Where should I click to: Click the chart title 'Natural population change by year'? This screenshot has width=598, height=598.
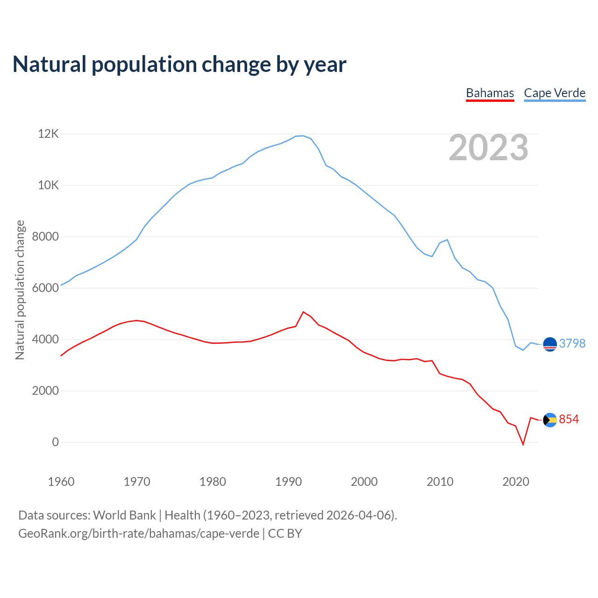(179, 64)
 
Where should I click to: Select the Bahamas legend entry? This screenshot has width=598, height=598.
(490, 93)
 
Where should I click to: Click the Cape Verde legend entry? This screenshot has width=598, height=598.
(555, 93)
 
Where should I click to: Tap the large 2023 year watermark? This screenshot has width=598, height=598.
(488, 148)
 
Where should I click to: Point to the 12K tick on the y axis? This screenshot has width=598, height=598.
(49, 134)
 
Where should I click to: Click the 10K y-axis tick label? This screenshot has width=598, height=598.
(49, 185)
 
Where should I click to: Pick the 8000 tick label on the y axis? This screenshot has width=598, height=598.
(45, 237)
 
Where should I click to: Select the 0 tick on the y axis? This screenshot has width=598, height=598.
(56, 442)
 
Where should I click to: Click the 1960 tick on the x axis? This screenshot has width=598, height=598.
(61, 482)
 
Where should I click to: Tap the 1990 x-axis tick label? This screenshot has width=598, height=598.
(288, 482)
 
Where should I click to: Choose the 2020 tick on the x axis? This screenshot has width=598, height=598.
(515, 482)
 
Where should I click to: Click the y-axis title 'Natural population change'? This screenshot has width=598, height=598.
(20, 290)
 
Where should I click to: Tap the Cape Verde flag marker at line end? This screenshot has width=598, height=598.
(550, 344)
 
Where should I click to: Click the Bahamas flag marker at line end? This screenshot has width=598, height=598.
(550, 420)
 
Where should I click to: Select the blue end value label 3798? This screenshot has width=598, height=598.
(572, 343)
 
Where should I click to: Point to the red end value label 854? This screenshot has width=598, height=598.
(569, 420)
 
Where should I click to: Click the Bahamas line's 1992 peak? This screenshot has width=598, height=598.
(303, 312)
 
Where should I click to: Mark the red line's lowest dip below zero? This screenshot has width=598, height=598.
(523, 444)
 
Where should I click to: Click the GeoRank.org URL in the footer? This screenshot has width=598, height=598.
(139, 533)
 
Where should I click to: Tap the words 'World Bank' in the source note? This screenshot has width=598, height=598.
(124, 515)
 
